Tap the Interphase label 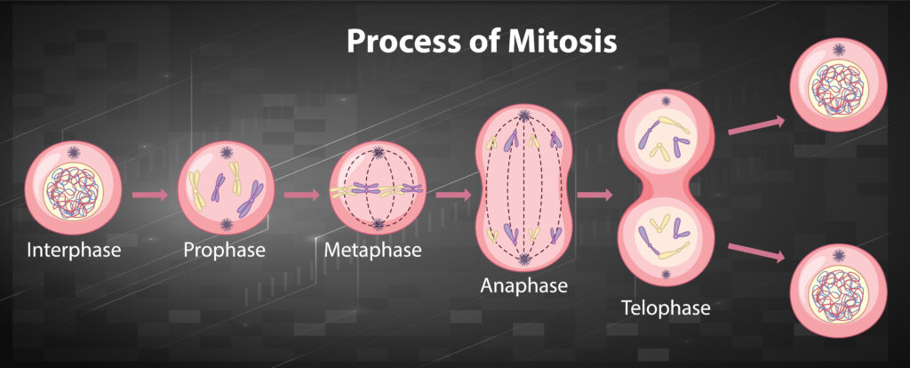click(74, 250)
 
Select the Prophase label click(224, 250)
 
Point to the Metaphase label click(372, 250)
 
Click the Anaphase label click(523, 286)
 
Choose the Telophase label click(667, 308)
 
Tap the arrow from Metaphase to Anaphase click(453, 193)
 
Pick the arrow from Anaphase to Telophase click(594, 194)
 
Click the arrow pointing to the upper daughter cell click(756, 125)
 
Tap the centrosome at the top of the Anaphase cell click(524, 116)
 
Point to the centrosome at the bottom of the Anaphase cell click(524, 260)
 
